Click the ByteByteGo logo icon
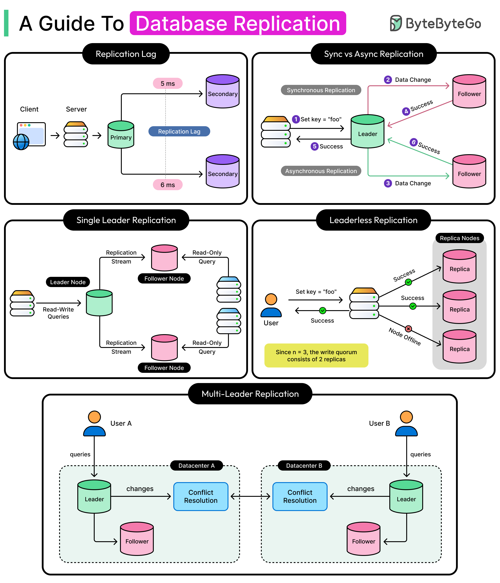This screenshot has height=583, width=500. pyautogui.click(x=396, y=23)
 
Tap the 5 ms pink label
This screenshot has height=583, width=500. pyautogui.click(x=168, y=84)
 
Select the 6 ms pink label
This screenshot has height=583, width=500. pyautogui.click(x=168, y=185)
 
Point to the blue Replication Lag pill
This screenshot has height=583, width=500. pyautogui.click(x=179, y=131)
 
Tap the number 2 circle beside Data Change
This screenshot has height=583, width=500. pyautogui.click(x=388, y=80)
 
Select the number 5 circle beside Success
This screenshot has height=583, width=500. pyautogui.click(x=315, y=146)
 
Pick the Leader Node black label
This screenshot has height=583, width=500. pyautogui.click(x=68, y=282)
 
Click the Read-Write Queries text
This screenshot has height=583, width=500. pyautogui.click(x=58, y=313)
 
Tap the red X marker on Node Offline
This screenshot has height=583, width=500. pyautogui.click(x=408, y=329)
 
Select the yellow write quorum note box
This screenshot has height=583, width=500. pyautogui.click(x=316, y=355)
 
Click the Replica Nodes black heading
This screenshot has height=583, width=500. pyautogui.click(x=460, y=238)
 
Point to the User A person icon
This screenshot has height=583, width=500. pyautogui.click(x=94, y=423)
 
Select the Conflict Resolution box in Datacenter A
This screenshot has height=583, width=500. pyautogui.click(x=201, y=497)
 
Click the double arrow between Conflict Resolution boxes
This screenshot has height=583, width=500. pyautogui.click(x=250, y=497)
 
